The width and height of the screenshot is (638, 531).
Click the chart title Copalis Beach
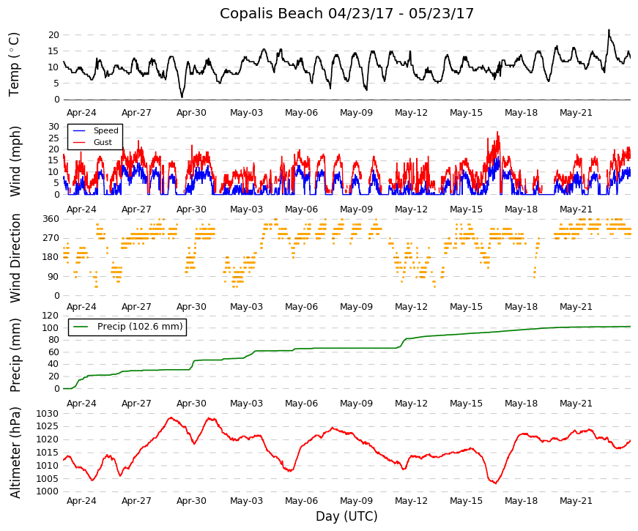tap(272, 13)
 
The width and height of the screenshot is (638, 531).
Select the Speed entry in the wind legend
tap(105, 130)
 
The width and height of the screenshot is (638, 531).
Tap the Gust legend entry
tap(103, 142)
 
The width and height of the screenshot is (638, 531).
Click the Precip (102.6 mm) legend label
tap(140, 327)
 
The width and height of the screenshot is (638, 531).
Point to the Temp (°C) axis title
tap(14, 64)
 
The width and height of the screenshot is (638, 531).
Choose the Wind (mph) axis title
tap(15, 162)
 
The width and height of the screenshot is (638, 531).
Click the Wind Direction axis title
tap(15, 259)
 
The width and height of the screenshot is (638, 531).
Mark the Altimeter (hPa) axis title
tap(15, 453)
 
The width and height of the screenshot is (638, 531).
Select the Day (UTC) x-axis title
tap(346, 516)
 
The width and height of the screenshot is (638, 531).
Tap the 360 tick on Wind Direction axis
tap(51, 219)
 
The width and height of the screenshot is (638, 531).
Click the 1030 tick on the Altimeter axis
tap(48, 414)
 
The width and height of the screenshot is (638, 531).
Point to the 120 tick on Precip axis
tap(51, 316)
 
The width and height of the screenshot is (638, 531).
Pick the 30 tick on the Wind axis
tap(54, 127)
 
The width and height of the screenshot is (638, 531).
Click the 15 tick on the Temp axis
tap(54, 51)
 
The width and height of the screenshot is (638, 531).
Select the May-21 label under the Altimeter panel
tap(576, 501)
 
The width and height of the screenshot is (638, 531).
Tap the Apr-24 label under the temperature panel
tap(81, 113)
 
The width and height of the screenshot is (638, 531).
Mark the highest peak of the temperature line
tap(609, 30)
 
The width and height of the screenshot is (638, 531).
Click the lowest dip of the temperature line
tap(182, 97)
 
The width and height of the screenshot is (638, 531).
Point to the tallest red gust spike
tap(497, 133)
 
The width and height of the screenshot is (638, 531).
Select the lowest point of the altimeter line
tap(496, 483)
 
